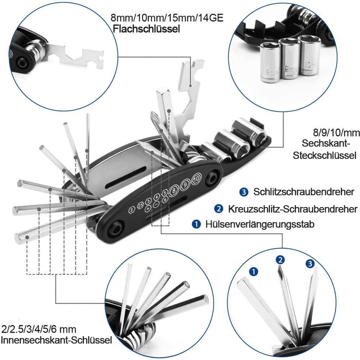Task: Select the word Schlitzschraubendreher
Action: coord(303,192)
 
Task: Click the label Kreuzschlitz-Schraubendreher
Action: coord(293,209)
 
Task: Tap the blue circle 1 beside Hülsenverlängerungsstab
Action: coord(196,225)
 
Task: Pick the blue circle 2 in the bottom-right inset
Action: coord(280,260)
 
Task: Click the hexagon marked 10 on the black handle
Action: coord(196,178)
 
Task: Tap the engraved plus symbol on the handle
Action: coord(148,208)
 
